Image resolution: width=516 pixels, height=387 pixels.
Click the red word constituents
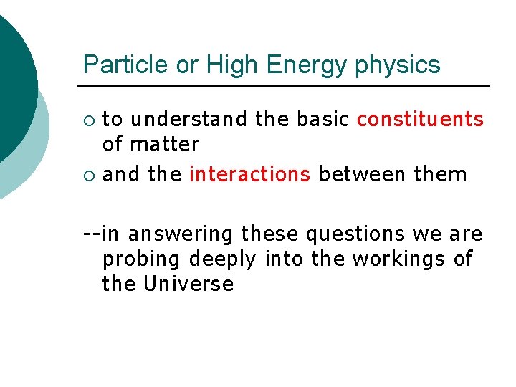click(x=420, y=119)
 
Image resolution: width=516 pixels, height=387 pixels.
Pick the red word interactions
click(x=249, y=174)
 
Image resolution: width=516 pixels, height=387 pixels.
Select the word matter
click(x=164, y=145)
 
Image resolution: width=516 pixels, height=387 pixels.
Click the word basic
click(x=322, y=119)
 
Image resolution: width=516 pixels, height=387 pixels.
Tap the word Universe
click(x=188, y=284)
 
